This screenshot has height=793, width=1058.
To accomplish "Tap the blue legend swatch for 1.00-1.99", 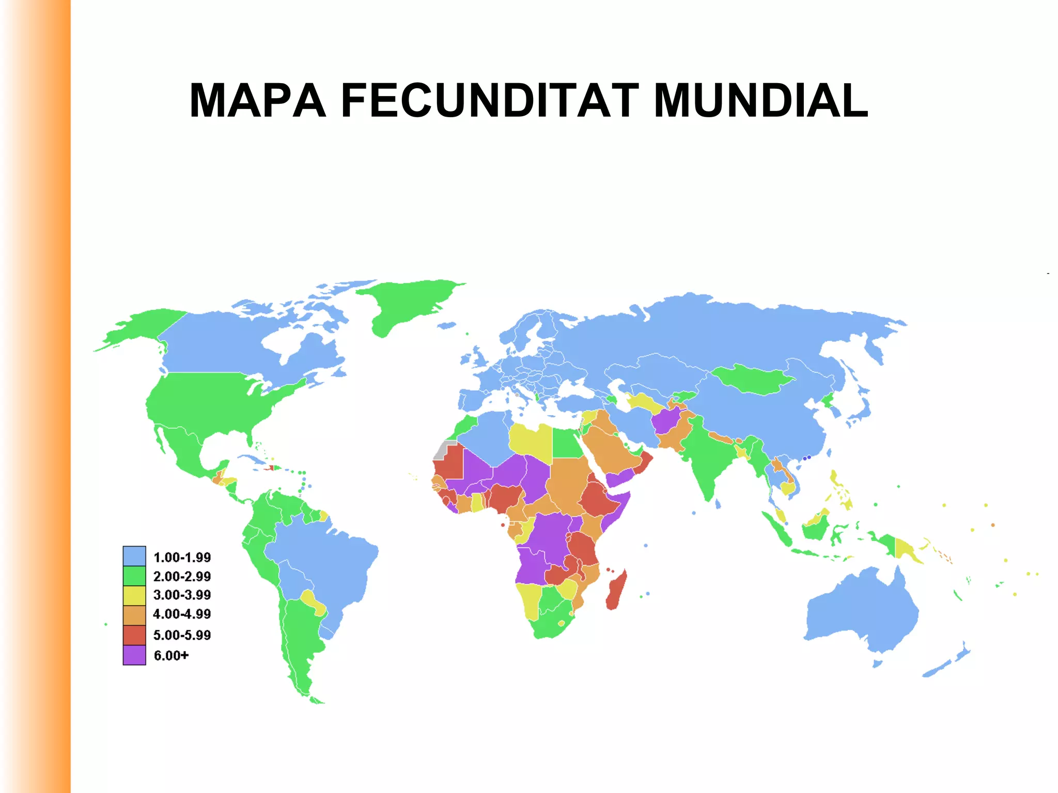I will (x=134, y=556).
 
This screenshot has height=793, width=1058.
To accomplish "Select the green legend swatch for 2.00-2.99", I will (x=134, y=576).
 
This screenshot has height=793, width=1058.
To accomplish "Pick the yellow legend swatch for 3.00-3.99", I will (x=134, y=595).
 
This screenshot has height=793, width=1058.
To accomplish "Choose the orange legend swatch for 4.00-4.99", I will (x=134, y=614).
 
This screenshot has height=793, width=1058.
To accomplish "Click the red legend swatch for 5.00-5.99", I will (x=134, y=635).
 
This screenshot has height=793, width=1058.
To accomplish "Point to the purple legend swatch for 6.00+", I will (x=134, y=655).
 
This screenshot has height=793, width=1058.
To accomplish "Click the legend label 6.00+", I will (x=171, y=655).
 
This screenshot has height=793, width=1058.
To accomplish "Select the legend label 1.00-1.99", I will (x=182, y=557).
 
